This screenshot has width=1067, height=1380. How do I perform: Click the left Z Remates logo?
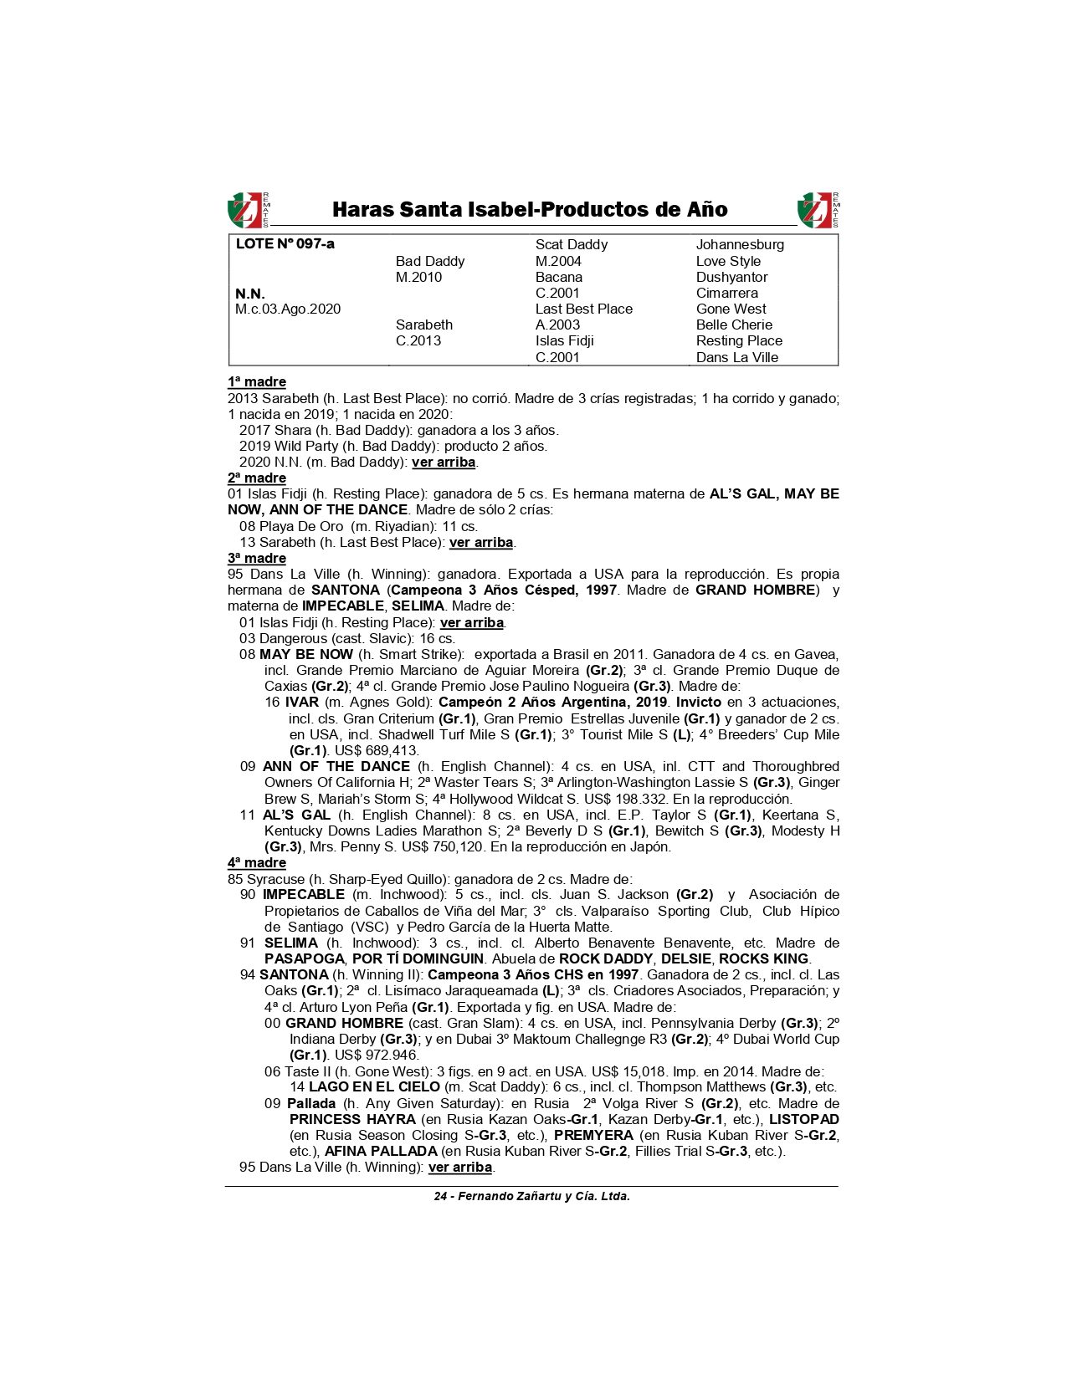(248, 210)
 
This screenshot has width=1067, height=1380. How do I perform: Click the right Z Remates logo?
(818, 210)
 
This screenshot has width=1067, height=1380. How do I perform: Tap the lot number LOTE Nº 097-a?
(285, 244)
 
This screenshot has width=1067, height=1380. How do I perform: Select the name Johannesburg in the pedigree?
(740, 245)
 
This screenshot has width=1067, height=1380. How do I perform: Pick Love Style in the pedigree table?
(728, 261)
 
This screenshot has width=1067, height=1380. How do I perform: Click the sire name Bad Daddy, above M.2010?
(429, 261)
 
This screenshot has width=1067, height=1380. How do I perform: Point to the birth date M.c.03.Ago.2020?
(288, 309)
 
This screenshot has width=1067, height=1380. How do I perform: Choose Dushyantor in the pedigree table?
(731, 277)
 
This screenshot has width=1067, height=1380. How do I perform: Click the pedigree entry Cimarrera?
(726, 294)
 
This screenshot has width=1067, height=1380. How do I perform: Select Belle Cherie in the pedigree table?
(734, 325)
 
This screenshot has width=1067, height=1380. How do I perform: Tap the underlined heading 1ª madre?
(257, 382)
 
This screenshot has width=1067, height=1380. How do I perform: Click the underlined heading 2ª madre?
(257, 478)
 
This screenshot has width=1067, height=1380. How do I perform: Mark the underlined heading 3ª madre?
(257, 559)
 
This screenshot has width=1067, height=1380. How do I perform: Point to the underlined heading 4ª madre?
(257, 863)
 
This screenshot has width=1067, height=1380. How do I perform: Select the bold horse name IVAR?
(301, 703)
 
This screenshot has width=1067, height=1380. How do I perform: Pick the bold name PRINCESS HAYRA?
(352, 1120)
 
